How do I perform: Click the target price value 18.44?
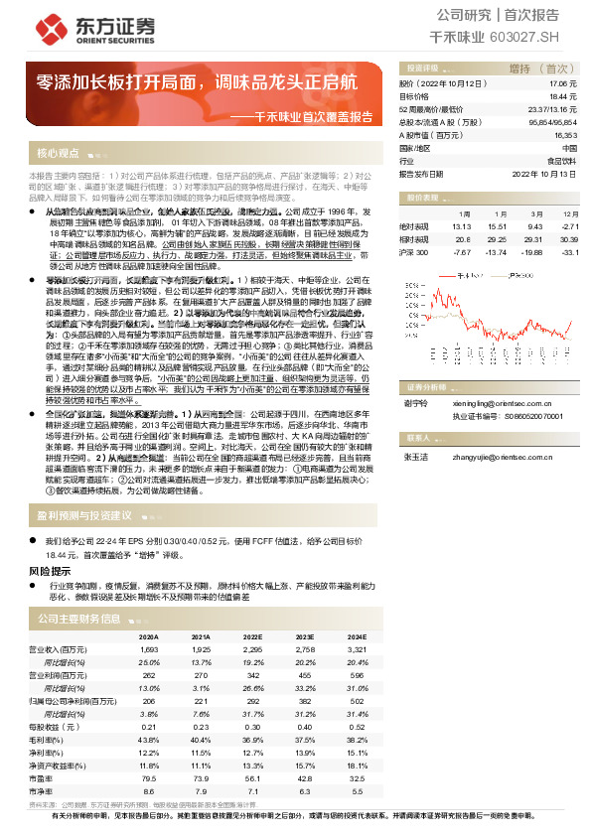pos(563,97)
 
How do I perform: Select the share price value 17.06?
pos(563,84)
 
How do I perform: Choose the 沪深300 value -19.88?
pos(529,252)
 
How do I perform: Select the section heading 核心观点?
pos(58,154)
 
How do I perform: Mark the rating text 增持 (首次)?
pos(535,69)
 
